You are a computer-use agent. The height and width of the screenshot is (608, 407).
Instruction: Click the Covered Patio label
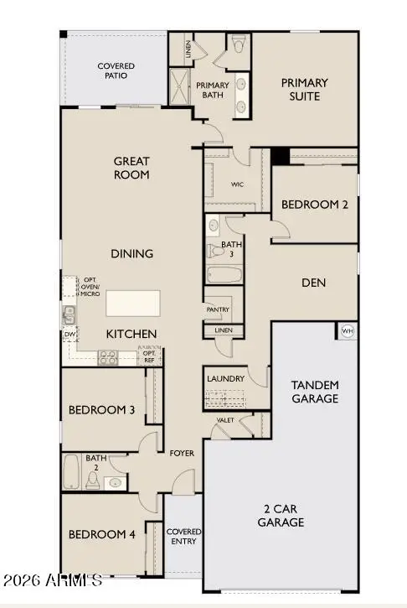click(x=116, y=71)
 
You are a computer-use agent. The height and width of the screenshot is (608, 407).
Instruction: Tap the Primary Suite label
click(x=304, y=90)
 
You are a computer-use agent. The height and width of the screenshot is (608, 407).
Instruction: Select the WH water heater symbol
click(x=347, y=332)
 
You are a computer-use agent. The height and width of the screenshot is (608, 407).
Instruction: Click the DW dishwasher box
click(x=70, y=335)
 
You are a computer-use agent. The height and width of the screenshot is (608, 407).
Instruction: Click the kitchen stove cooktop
click(x=108, y=357)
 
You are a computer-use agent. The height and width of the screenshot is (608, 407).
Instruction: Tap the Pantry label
click(x=218, y=309)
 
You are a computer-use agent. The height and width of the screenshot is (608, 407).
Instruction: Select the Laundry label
click(x=225, y=379)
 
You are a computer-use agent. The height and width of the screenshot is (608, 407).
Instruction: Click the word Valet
click(x=224, y=420)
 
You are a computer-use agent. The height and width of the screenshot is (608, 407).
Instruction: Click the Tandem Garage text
click(x=314, y=392)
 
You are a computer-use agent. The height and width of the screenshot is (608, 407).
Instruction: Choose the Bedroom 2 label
click(x=314, y=204)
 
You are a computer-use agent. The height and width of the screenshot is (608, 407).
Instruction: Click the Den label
click(x=313, y=283)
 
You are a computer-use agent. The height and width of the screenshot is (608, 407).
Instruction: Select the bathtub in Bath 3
click(x=224, y=274)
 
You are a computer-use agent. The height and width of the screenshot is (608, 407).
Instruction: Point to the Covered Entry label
click(x=183, y=537)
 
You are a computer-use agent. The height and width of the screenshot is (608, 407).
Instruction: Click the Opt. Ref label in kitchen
click(x=149, y=356)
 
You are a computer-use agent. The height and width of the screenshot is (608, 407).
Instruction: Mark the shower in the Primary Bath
click(x=180, y=86)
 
